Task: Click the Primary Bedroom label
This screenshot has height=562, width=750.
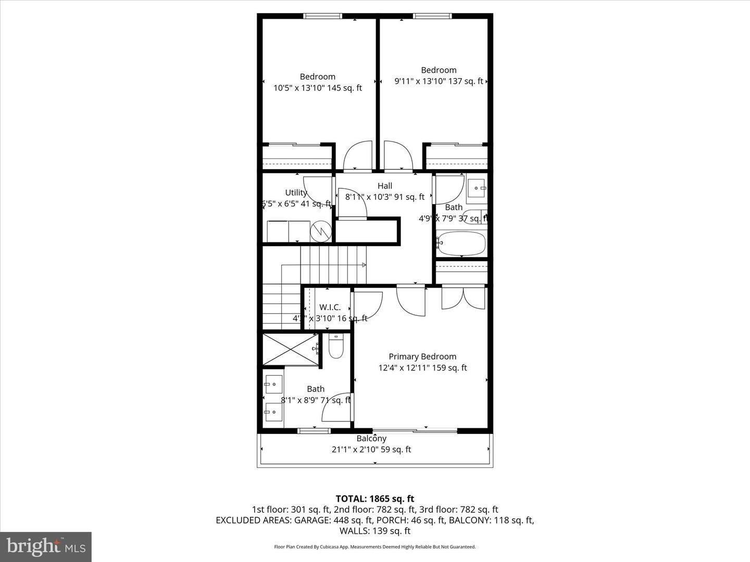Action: tap(422, 356)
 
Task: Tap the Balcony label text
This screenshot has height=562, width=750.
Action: tap(371, 439)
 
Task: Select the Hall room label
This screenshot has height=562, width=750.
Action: tap(385, 186)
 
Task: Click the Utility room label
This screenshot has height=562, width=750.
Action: tap(296, 193)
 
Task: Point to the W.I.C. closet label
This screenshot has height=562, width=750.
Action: tap(330, 308)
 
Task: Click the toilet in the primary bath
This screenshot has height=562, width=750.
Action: tap(336, 347)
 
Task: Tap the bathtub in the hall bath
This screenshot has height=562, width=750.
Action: tap(462, 243)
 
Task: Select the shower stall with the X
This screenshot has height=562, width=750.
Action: tap(291, 349)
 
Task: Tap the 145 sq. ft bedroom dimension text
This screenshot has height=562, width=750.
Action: tap(318, 88)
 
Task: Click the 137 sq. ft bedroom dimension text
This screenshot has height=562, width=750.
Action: tap(439, 81)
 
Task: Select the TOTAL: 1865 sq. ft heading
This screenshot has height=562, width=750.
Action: tap(375, 499)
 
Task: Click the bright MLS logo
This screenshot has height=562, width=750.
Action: tap(46, 546)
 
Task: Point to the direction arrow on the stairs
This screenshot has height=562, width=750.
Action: tap(363, 265)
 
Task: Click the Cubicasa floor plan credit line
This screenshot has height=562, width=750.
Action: tap(375, 547)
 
